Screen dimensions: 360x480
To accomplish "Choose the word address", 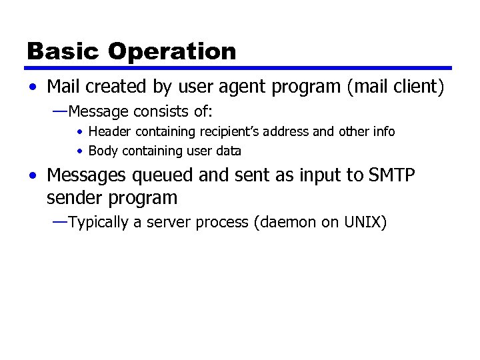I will pyautogui.click(x=294, y=131).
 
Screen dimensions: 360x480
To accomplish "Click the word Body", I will pyautogui.click(x=102, y=151).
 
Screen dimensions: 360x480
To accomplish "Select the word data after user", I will pyautogui.click(x=229, y=151).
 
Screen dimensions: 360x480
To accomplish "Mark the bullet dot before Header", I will pyautogui.click(x=79, y=132).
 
